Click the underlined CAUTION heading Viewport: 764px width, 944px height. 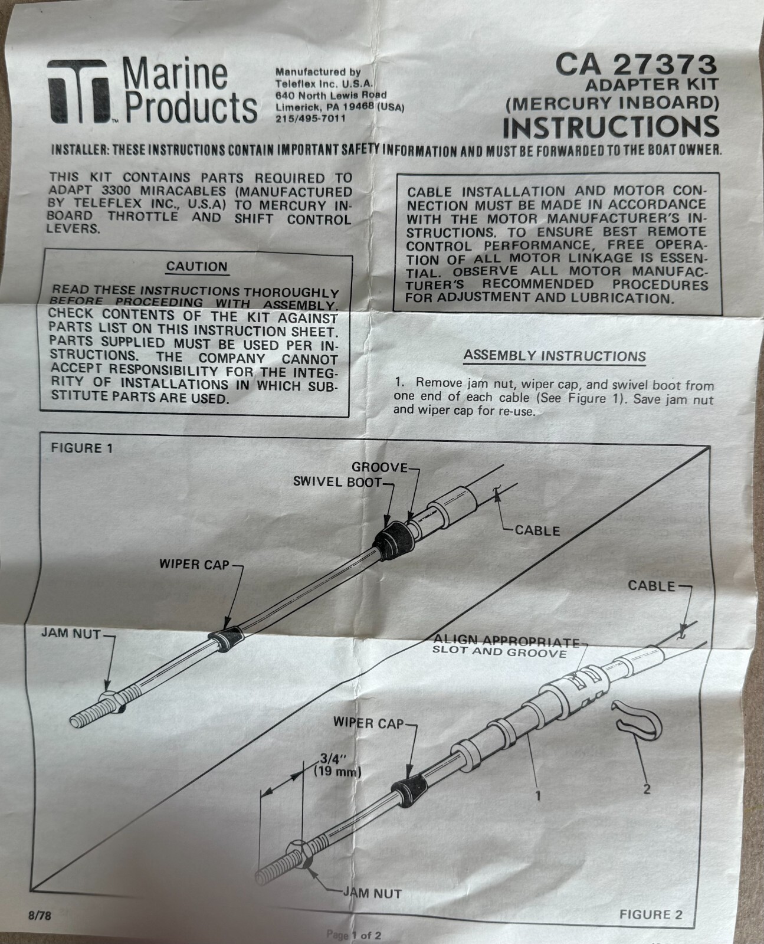click(x=196, y=267)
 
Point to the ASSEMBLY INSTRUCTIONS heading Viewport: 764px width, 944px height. click(x=554, y=356)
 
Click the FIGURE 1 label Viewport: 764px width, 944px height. click(x=81, y=448)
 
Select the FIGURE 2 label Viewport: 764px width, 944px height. click(x=651, y=915)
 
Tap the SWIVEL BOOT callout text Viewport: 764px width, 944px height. click(x=337, y=482)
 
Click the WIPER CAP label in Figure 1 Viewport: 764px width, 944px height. click(x=194, y=565)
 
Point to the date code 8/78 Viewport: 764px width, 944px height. click(x=40, y=917)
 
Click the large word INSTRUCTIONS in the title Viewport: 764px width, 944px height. click(x=611, y=127)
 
